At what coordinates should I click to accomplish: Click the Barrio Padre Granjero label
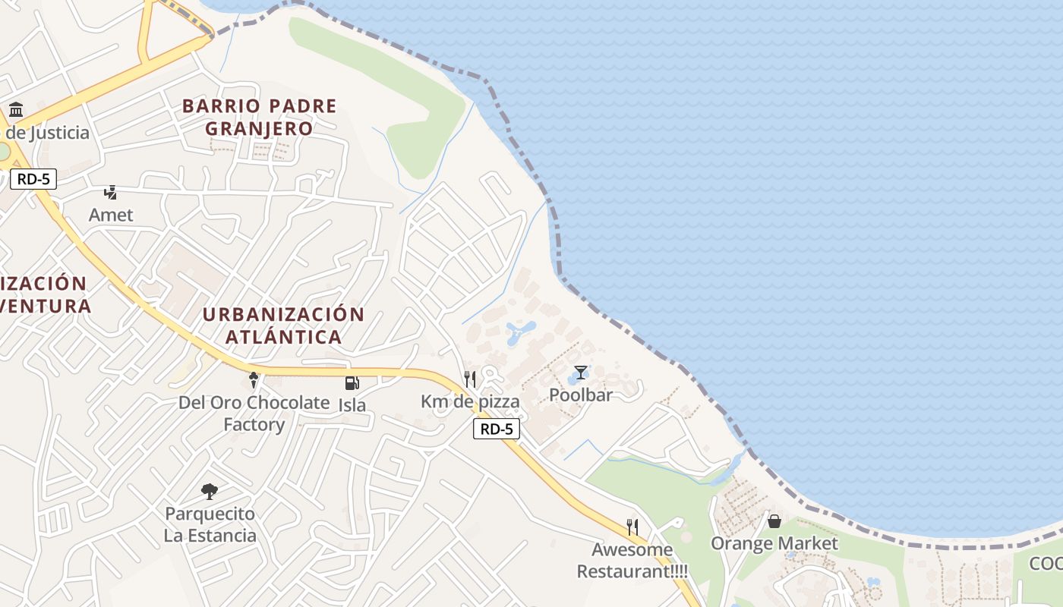point(260,117)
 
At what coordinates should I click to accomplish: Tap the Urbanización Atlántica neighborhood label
point(283,326)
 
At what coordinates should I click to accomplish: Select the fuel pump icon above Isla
point(352,383)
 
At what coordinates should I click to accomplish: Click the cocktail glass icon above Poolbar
point(581,373)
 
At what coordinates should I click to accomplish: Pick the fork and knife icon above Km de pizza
point(470,379)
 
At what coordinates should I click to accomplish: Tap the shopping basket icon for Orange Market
point(774,521)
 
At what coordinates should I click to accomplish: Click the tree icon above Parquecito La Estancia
point(210,492)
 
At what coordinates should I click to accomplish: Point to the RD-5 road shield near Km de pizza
point(497,429)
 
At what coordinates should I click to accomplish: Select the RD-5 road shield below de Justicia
point(33,179)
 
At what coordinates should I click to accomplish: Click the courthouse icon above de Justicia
point(16,110)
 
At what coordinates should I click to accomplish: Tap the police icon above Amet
point(111,192)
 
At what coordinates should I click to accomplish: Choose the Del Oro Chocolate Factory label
point(254,414)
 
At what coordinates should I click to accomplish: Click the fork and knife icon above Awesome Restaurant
point(632,527)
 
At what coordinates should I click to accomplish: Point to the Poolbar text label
point(581,395)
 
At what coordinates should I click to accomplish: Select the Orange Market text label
point(774,543)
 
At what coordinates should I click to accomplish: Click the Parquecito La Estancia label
point(210,524)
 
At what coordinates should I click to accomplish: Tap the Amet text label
point(111,215)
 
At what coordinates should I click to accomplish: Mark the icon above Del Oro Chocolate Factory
point(254,380)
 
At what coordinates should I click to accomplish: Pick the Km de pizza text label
point(470,401)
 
